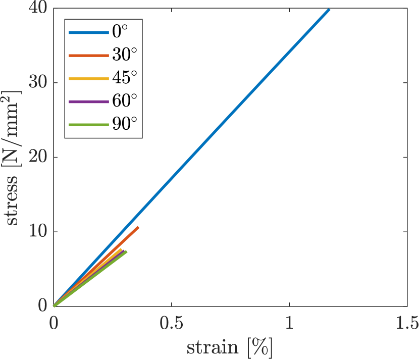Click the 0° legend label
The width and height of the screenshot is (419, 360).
[x=120, y=33]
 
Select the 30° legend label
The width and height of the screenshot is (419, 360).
[x=124, y=56]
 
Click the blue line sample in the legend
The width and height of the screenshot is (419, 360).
[x=88, y=33]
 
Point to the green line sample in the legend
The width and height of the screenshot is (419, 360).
[x=88, y=124]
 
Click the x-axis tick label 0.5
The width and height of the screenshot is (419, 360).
[x=172, y=323]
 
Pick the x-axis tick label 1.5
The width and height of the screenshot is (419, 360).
[x=407, y=323]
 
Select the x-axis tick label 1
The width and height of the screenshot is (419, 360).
[x=289, y=323]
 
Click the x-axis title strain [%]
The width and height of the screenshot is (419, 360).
[x=230, y=347]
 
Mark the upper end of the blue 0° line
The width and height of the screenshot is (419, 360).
[x=329, y=10]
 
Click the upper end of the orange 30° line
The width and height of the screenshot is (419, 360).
[x=137, y=228]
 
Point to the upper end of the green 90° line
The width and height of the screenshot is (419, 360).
[x=126, y=251]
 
